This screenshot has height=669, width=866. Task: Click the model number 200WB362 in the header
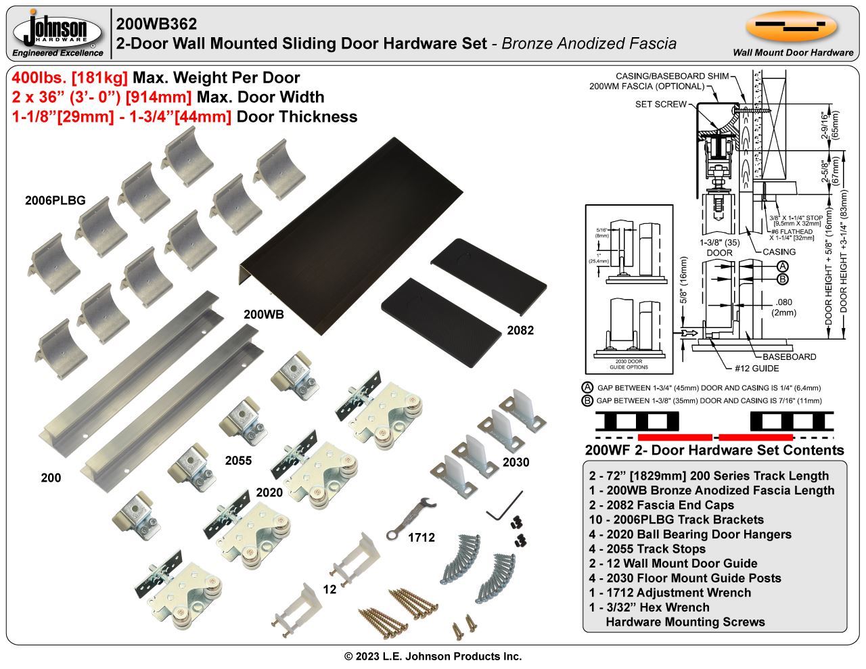(x=156, y=24)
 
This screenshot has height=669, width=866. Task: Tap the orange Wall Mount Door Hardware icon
(x=791, y=26)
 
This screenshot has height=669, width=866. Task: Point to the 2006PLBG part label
(x=55, y=200)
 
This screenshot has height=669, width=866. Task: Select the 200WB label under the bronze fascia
(x=264, y=315)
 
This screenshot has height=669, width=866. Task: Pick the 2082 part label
(x=520, y=330)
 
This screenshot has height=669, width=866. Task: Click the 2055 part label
(x=238, y=461)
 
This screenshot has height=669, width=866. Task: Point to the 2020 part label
(x=269, y=492)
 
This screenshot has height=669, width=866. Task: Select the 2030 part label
(x=516, y=462)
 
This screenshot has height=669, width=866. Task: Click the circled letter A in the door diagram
(x=782, y=266)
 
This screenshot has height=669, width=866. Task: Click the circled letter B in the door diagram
(x=782, y=279)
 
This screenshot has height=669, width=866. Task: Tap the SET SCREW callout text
(x=661, y=104)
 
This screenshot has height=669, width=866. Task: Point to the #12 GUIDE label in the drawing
(x=756, y=369)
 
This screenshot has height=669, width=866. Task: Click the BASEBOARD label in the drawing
(x=789, y=356)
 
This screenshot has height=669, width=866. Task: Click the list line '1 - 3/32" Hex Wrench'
(x=649, y=607)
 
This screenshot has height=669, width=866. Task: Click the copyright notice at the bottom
(x=433, y=656)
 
